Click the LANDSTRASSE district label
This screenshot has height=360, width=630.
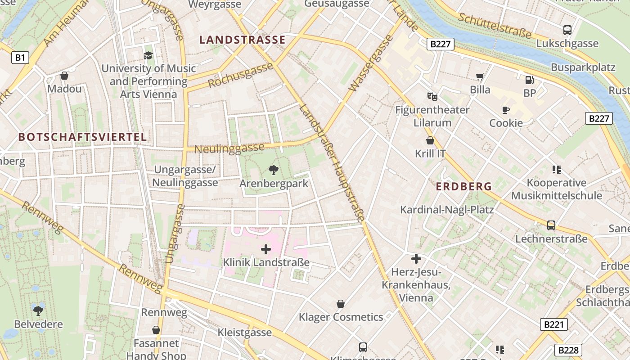tap(243, 40)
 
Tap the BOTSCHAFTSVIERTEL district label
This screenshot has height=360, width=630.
tap(82, 137)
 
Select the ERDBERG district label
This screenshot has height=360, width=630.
tap(463, 186)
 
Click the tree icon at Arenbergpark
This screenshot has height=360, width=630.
tap(273, 170)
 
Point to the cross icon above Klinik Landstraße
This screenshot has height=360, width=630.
tap(266, 249)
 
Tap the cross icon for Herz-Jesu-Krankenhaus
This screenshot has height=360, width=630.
tap(416, 259)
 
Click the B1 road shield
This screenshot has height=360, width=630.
tap(20, 57)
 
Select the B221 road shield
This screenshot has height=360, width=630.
tap(553, 324)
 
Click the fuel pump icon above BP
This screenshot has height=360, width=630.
tap(530, 80)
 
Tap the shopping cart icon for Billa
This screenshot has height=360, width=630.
tap(480, 77)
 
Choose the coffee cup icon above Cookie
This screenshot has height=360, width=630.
tap(506, 110)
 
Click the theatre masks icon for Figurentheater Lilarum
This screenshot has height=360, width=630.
tap(432, 96)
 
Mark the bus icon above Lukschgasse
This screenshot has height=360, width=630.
tap(567, 30)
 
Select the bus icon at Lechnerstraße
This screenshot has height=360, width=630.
tap(551, 225)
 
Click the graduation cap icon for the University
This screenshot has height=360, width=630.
tap(148, 55)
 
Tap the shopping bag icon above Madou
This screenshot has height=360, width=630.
tap(64, 76)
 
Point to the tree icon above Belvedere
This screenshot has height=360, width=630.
tap(38, 310)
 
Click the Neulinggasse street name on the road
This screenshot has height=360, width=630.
tap(229, 148)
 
